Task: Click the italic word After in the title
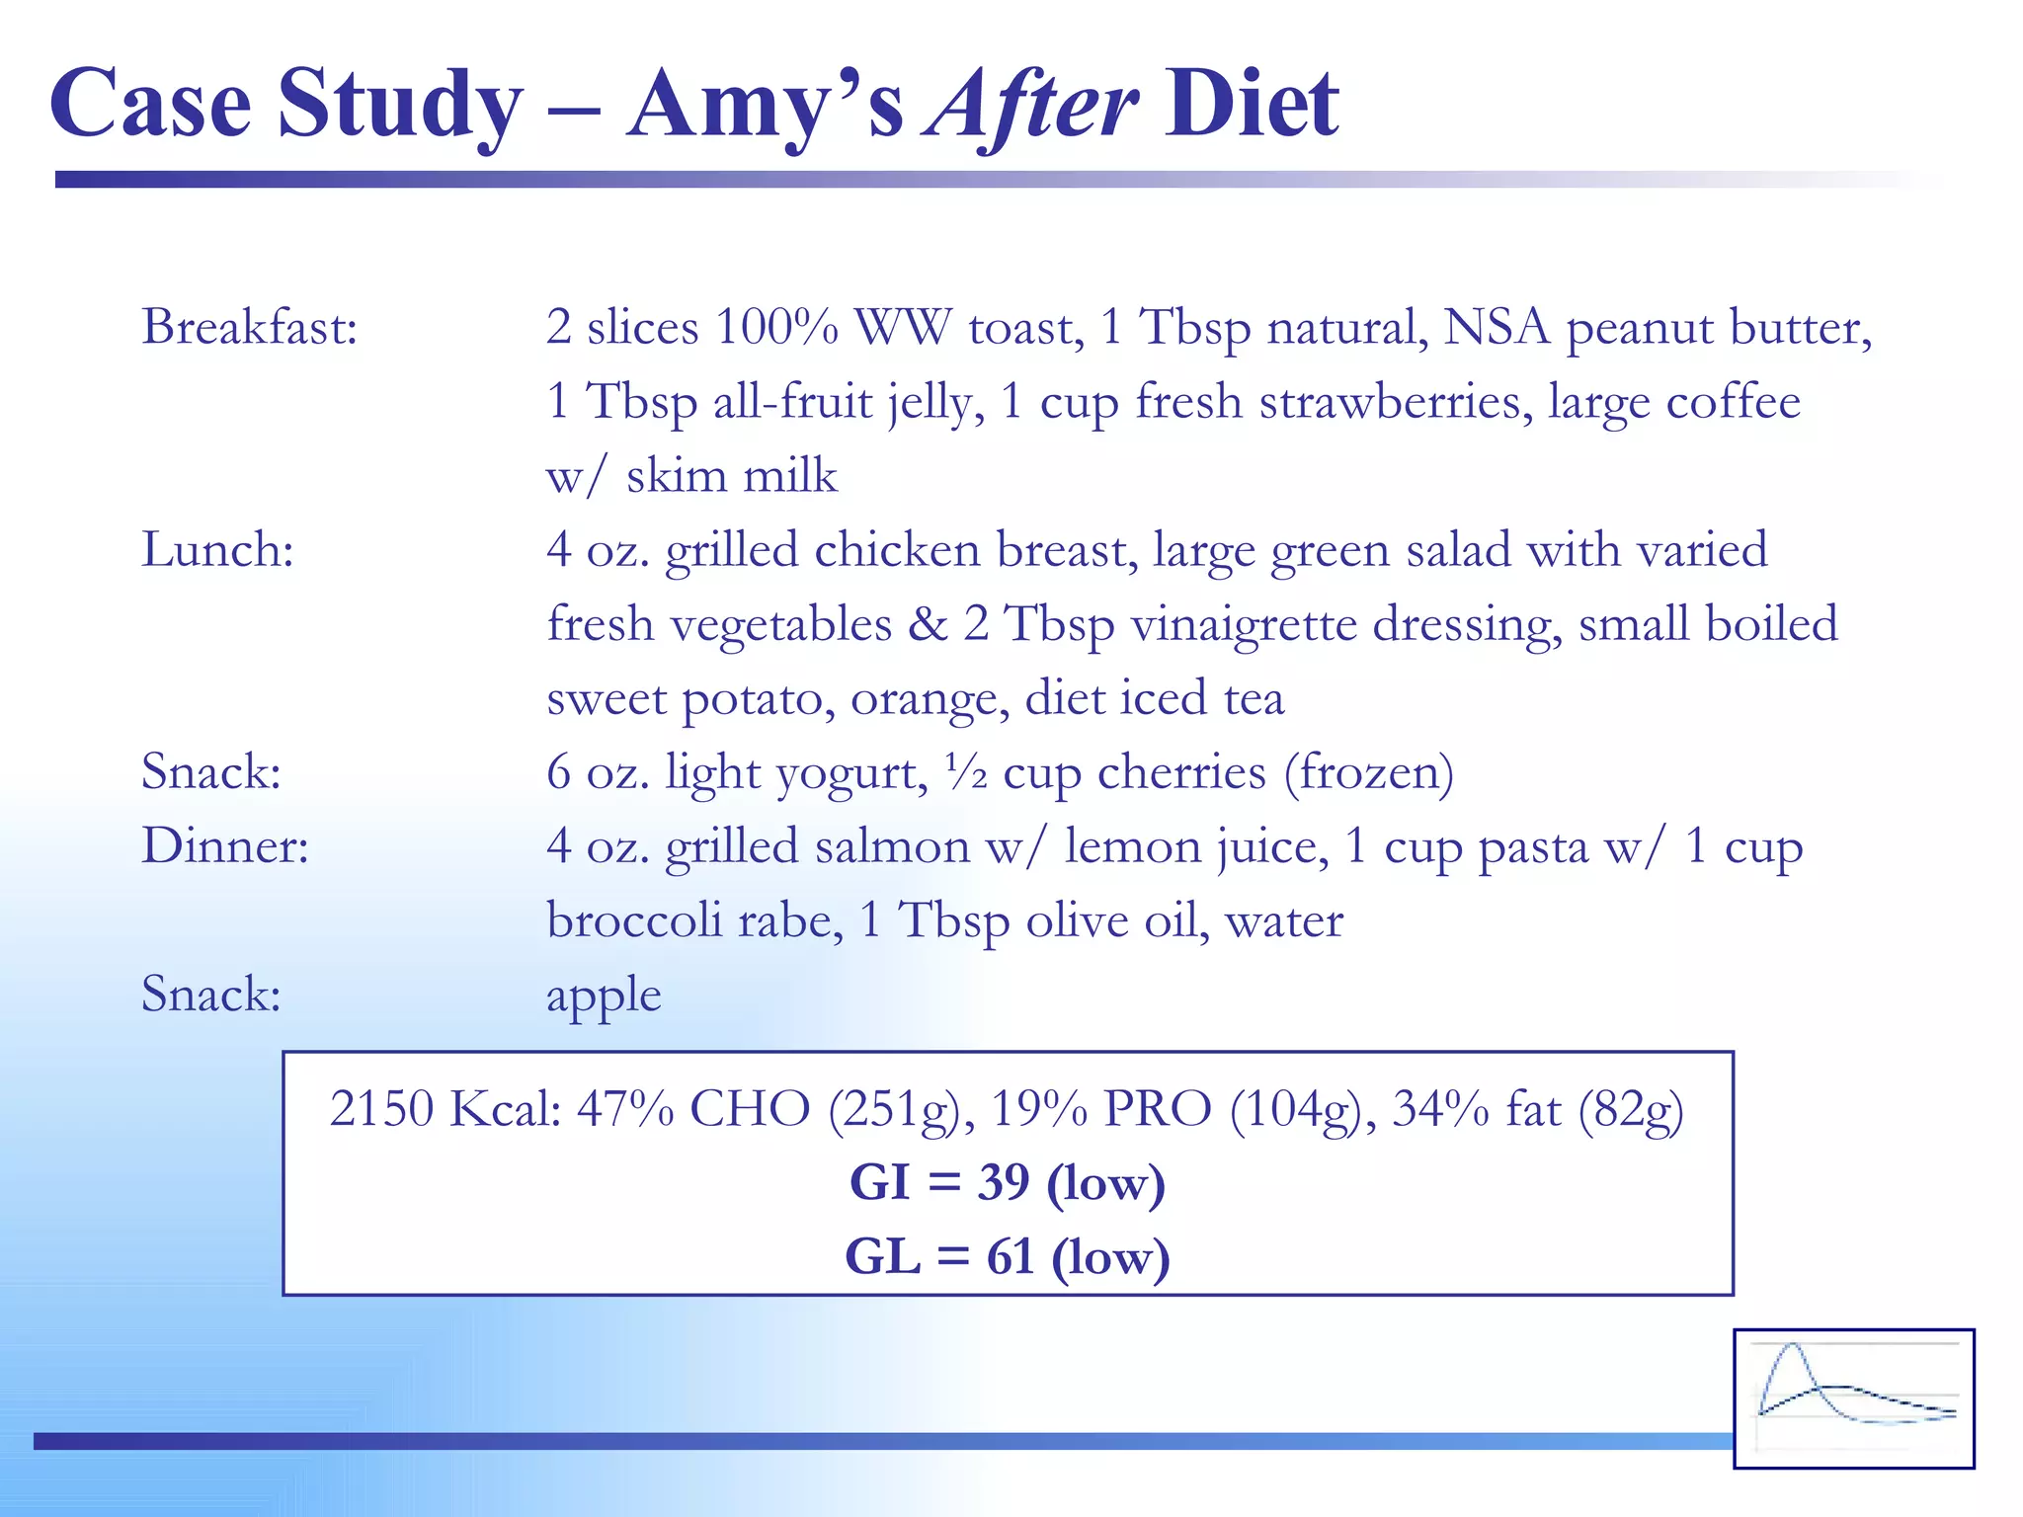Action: (x=1031, y=105)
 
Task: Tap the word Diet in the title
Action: (x=1252, y=105)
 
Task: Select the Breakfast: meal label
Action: (x=249, y=327)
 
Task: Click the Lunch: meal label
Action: (x=217, y=549)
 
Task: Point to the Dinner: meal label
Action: (x=225, y=846)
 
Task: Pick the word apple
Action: (x=604, y=996)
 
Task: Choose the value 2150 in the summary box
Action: (x=381, y=1109)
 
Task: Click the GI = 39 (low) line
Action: (x=1008, y=1182)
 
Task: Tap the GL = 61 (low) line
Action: (x=1008, y=1257)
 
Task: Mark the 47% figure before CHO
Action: (x=625, y=1109)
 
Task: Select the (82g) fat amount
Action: (x=1631, y=1109)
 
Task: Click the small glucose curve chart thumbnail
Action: (x=1854, y=1397)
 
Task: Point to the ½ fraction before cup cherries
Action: (x=966, y=773)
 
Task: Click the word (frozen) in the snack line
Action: (x=1369, y=773)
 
